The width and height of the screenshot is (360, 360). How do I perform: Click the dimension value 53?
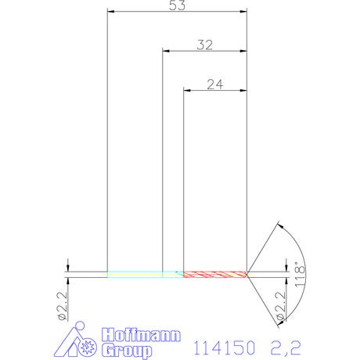[x=177, y=5]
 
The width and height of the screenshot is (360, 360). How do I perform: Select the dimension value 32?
[x=205, y=45]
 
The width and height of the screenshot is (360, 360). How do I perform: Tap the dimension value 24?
[x=215, y=85]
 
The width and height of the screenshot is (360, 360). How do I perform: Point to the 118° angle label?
[x=300, y=275]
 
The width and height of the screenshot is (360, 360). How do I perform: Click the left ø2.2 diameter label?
[x=63, y=306]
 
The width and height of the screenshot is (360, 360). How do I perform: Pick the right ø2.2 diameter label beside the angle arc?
[x=281, y=306]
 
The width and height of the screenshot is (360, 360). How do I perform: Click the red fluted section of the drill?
[x=215, y=275]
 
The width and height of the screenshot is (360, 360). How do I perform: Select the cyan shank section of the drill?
[x=146, y=275]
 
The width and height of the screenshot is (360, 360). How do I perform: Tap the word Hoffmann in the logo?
[x=141, y=335]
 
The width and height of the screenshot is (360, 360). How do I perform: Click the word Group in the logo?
[x=127, y=351]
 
